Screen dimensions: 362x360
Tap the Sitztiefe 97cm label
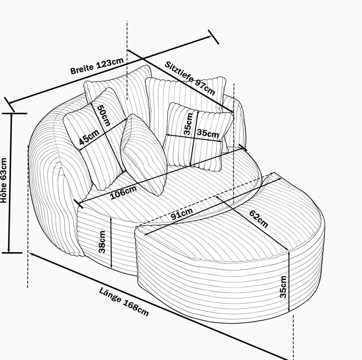click(190, 78)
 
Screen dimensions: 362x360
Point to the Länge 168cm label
click(124, 301)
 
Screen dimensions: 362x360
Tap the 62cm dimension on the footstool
click(259, 219)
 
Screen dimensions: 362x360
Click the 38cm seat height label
click(102, 242)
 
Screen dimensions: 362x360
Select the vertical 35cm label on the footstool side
click(283, 287)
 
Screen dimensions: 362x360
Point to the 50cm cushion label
click(104, 116)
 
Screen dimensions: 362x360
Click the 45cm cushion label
click(89, 137)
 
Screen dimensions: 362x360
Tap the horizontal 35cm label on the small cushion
click(208, 134)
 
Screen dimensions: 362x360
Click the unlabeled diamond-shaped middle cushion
click(144, 155)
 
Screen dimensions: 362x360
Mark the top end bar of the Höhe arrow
click(14, 113)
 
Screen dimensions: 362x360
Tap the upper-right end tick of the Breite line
click(213, 37)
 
